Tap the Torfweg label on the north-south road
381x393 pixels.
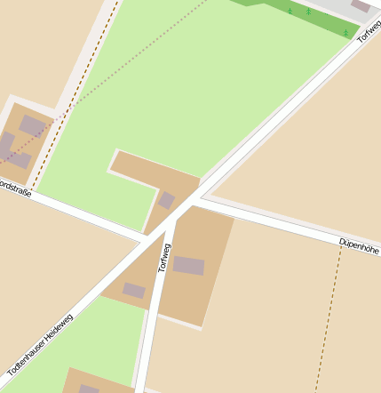point(164,255)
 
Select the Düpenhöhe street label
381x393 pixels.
point(359,245)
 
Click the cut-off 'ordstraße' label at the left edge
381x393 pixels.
point(16,188)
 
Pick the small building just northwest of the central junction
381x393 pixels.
point(166,200)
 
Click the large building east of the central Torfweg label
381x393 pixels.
point(188,265)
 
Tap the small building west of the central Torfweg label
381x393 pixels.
point(134,290)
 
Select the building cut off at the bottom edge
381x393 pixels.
point(89,389)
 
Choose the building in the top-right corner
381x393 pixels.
point(361,5)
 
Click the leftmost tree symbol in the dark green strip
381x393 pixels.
point(290,11)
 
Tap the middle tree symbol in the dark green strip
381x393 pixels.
point(308,12)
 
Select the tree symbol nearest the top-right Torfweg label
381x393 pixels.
point(345,33)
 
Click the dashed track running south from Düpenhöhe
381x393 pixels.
point(329,320)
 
